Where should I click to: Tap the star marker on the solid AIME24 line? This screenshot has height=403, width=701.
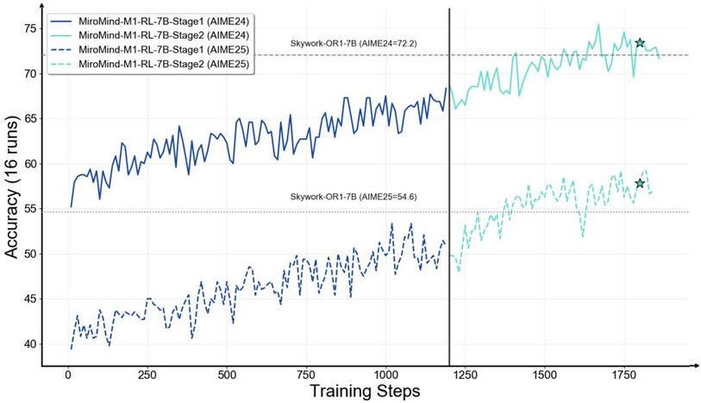(x=640, y=42)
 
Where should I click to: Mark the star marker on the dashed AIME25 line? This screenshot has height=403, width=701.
(x=640, y=183)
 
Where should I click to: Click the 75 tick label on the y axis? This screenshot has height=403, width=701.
(x=30, y=28)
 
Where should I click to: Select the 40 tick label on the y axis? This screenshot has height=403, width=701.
(x=30, y=344)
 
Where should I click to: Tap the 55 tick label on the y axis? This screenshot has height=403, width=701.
(x=30, y=209)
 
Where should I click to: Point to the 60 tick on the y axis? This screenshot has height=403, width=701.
(x=30, y=164)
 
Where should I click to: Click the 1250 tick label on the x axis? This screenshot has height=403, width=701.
(x=466, y=376)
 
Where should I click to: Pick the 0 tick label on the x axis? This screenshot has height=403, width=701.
(x=68, y=376)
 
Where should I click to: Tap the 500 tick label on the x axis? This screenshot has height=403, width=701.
(x=227, y=376)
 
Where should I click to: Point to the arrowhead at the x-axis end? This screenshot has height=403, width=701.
(x=694, y=365)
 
